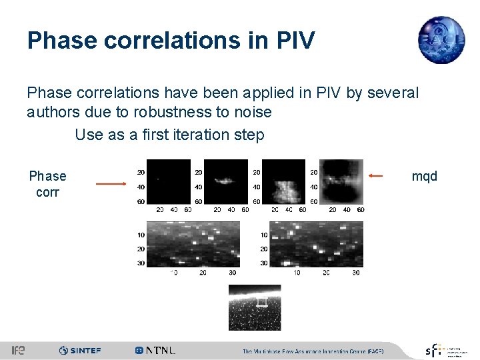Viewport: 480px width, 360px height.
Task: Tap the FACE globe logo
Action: tap(441, 39)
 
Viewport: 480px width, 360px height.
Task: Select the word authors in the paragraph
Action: tap(54, 113)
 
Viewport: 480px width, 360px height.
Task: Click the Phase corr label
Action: tap(47, 184)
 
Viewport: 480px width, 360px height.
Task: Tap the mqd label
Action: tap(425, 176)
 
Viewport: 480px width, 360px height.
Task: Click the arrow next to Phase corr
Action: tap(111, 183)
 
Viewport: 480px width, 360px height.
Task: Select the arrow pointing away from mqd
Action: tap(375, 176)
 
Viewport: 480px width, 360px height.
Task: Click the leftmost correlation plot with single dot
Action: tap(168, 181)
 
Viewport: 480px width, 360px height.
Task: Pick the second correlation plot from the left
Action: tap(225, 181)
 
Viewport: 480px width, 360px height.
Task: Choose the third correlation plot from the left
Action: tap(283, 181)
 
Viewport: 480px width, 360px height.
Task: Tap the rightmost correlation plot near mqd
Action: tap(341, 181)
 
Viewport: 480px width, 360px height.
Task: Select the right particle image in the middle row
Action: tap(316, 244)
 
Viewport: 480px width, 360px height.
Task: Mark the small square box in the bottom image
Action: tap(263, 303)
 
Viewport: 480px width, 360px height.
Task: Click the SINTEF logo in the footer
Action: tap(80, 350)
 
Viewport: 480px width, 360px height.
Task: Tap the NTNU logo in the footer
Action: tap(155, 350)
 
